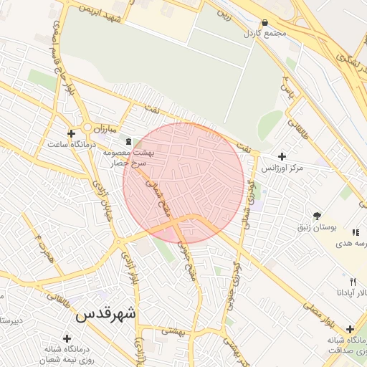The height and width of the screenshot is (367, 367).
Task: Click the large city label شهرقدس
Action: tap(105, 314)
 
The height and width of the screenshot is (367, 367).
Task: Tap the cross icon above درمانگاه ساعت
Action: tap(71, 133)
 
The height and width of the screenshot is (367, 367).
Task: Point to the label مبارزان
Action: tap(105, 130)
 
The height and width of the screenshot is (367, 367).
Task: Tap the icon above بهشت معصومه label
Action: tap(129, 141)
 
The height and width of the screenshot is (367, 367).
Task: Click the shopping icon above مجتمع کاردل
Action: tap(265, 23)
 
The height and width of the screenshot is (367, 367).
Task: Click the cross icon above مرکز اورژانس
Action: tap(282, 156)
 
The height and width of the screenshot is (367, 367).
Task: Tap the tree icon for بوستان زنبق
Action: tap(317, 215)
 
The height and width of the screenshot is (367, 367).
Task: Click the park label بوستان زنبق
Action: tap(317, 227)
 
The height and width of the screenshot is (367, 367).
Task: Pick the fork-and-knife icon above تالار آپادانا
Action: tap(352, 282)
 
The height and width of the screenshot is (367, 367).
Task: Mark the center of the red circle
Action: tap(183, 183)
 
